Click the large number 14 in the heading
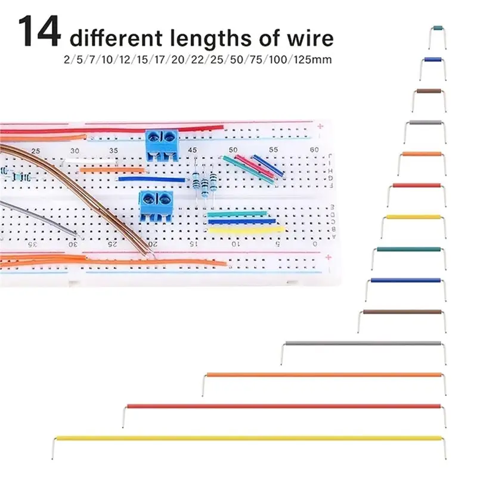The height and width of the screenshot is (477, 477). click(39, 32)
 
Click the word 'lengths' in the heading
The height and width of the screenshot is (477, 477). click(210, 38)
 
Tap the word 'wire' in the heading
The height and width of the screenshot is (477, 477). click(311, 38)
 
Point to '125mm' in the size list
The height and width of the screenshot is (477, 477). click(312, 59)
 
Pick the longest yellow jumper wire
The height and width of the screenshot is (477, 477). click(249, 438)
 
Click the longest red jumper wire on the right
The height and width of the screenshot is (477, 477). click(284, 406)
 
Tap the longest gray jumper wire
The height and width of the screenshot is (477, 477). click(363, 343)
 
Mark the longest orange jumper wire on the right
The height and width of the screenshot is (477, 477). click(324, 375)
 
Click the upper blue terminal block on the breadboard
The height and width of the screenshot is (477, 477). click(162, 144)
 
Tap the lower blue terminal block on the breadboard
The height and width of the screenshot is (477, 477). click(156, 206)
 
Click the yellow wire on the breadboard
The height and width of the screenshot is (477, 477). click(246, 230)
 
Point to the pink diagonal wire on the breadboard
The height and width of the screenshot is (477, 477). click(255, 166)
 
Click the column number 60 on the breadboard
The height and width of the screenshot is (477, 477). click(314, 150)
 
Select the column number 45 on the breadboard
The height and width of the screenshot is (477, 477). click(192, 150)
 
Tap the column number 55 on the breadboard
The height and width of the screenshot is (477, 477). click(274, 150)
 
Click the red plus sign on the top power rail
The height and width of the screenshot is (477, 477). click(320, 126)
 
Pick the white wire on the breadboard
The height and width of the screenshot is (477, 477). click(91, 160)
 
